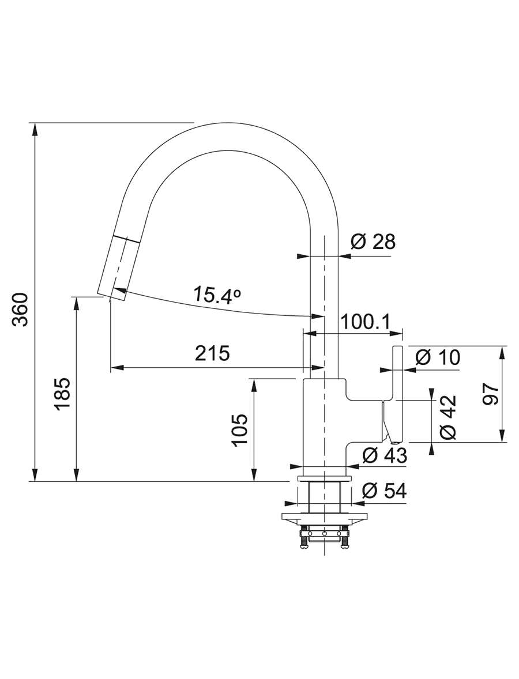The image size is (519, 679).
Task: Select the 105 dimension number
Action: pos(239,429)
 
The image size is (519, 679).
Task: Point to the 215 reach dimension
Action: pos(212,353)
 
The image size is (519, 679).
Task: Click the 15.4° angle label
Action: pos(217,295)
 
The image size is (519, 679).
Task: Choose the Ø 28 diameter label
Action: pos(373,242)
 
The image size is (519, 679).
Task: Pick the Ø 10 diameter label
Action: pos(437,357)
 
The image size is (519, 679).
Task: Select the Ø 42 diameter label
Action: pos(447,417)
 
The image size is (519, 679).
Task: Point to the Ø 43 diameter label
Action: pos(385,455)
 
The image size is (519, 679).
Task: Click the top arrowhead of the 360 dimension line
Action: pos(35,128)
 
